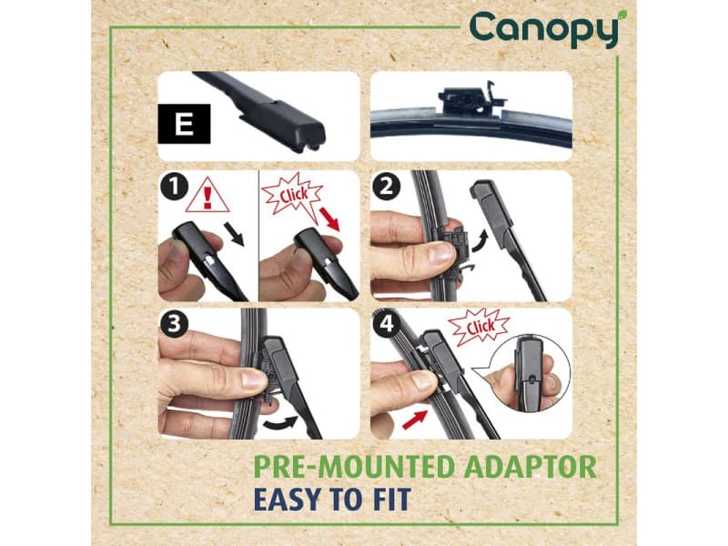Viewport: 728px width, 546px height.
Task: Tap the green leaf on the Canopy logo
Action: (622, 15)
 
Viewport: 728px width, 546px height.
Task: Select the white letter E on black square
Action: (184, 125)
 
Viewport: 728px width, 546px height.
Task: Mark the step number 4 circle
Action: (386, 324)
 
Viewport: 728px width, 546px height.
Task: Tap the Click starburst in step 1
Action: (292, 194)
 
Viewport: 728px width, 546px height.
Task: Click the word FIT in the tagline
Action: (389, 499)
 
